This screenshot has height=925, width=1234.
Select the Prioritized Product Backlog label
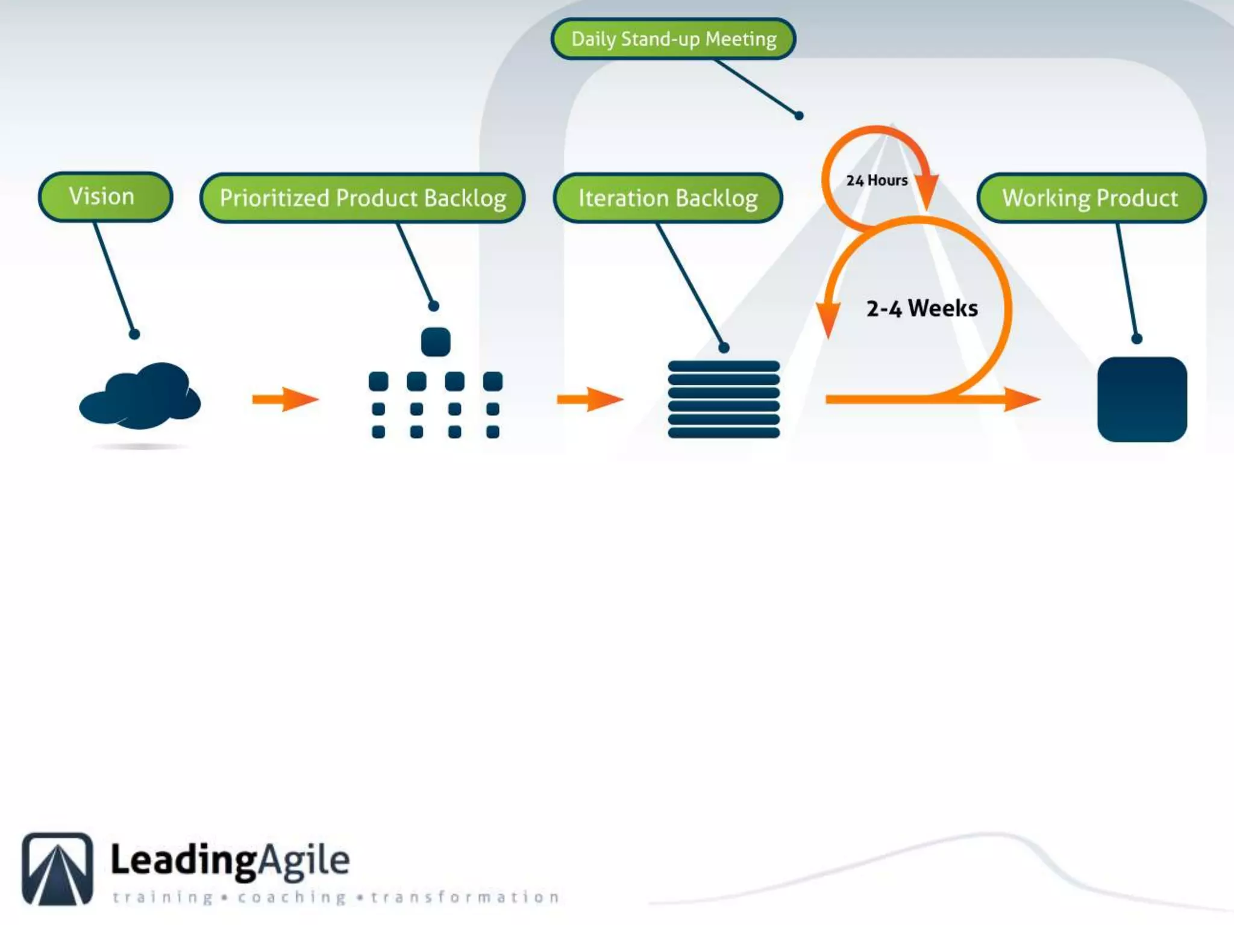[x=362, y=198]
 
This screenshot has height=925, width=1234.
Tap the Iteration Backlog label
[x=668, y=198]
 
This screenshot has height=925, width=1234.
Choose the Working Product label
[x=1091, y=198]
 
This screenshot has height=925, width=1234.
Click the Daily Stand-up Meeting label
[x=673, y=39]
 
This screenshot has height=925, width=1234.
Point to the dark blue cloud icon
[x=140, y=396]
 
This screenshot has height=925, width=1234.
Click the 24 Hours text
[x=877, y=180]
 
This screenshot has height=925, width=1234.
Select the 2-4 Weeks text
[x=922, y=308]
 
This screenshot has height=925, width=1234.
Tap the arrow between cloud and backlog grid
[x=285, y=399]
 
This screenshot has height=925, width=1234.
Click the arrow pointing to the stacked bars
[x=590, y=399]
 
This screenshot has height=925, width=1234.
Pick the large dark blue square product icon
[x=1142, y=399]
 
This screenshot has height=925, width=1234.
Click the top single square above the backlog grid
[x=436, y=341]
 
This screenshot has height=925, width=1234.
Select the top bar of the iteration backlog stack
[x=724, y=366]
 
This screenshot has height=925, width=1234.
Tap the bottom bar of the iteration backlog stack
[x=724, y=432]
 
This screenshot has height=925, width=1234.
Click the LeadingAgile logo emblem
[x=58, y=868]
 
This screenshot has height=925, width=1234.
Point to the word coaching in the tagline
[x=292, y=897]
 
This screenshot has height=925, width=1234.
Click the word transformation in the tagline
[x=465, y=897]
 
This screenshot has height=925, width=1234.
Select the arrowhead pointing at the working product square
[x=1022, y=399]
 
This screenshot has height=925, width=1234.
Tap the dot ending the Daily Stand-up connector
[x=799, y=116]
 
